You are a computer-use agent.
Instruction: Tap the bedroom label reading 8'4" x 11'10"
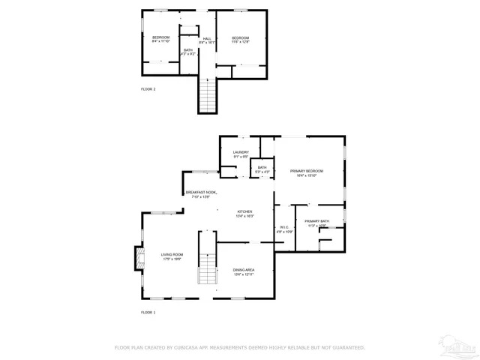tap(161, 40)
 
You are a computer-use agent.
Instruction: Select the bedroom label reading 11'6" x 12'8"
tap(240, 40)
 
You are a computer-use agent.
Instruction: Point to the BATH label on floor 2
tap(188, 52)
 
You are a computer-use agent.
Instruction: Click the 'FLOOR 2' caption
tap(148, 89)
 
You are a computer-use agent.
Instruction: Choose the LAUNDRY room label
tap(241, 154)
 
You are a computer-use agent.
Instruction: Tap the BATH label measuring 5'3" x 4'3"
tap(262, 169)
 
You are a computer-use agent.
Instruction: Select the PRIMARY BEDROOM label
tap(308, 173)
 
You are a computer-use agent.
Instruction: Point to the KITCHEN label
tap(245, 214)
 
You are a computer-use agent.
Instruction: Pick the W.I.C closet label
tap(284, 229)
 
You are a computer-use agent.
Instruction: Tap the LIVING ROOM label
tap(172, 256)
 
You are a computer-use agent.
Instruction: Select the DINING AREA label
tap(244, 272)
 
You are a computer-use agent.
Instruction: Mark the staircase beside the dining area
tap(207, 259)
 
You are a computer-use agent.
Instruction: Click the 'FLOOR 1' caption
tap(148, 311)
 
